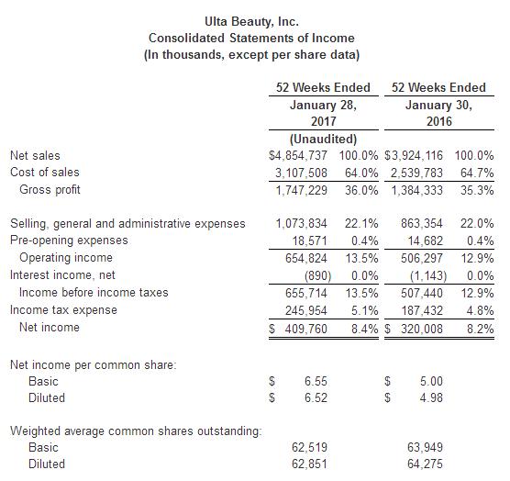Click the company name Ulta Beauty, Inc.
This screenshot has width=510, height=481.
(x=251, y=21)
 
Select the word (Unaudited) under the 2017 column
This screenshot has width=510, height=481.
(x=323, y=139)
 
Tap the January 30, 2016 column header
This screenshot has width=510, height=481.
(x=439, y=113)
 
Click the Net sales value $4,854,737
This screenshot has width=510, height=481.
(x=298, y=155)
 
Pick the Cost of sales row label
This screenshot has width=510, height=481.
(x=45, y=173)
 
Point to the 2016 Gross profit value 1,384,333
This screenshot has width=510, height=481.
(x=416, y=190)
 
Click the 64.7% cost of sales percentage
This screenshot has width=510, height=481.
(x=477, y=173)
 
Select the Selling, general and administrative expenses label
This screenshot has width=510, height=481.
(x=127, y=224)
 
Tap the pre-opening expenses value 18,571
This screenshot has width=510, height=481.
(x=309, y=241)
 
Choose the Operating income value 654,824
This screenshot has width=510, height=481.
(x=306, y=258)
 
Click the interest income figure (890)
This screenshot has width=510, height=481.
(x=317, y=276)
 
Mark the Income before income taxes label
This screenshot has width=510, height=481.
(x=94, y=292)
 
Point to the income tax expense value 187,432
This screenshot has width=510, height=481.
(x=422, y=311)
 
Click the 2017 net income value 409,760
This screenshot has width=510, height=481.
(x=306, y=329)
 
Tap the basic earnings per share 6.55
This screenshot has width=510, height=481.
(x=316, y=381)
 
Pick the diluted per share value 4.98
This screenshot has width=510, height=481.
(x=431, y=397)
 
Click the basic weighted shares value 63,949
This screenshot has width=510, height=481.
(x=425, y=447)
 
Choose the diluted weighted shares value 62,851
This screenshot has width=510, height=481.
(x=309, y=464)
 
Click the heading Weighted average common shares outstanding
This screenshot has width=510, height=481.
(x=136, y=431)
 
